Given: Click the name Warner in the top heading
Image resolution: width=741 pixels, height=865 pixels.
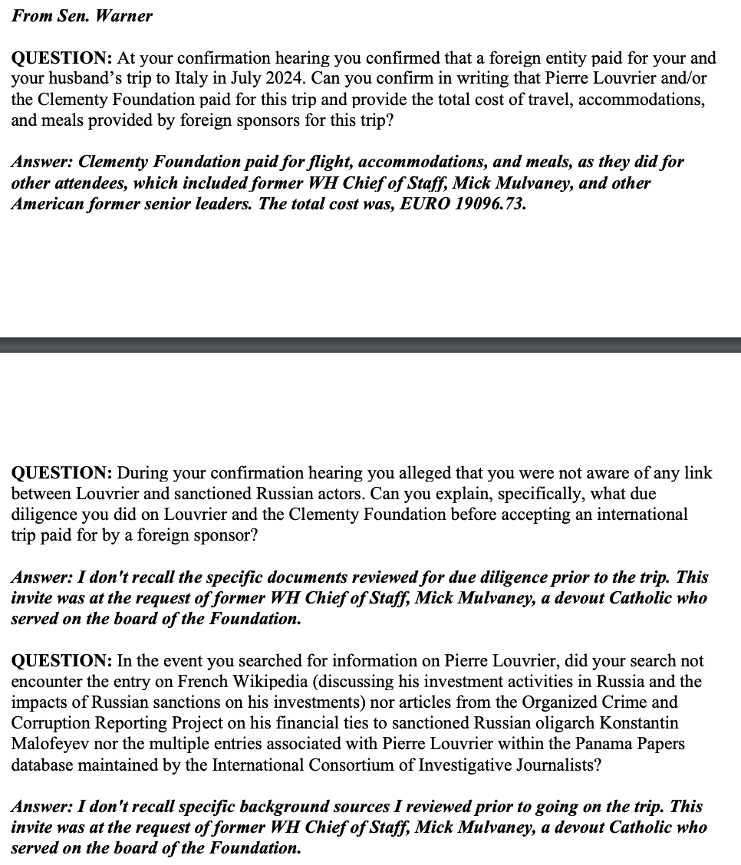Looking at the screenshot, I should (x=123, y=16).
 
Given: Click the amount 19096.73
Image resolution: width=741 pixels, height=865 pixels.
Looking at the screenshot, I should (x=488, y=205).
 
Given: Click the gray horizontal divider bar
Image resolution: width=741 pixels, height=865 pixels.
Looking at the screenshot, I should (x=370, y=345).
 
